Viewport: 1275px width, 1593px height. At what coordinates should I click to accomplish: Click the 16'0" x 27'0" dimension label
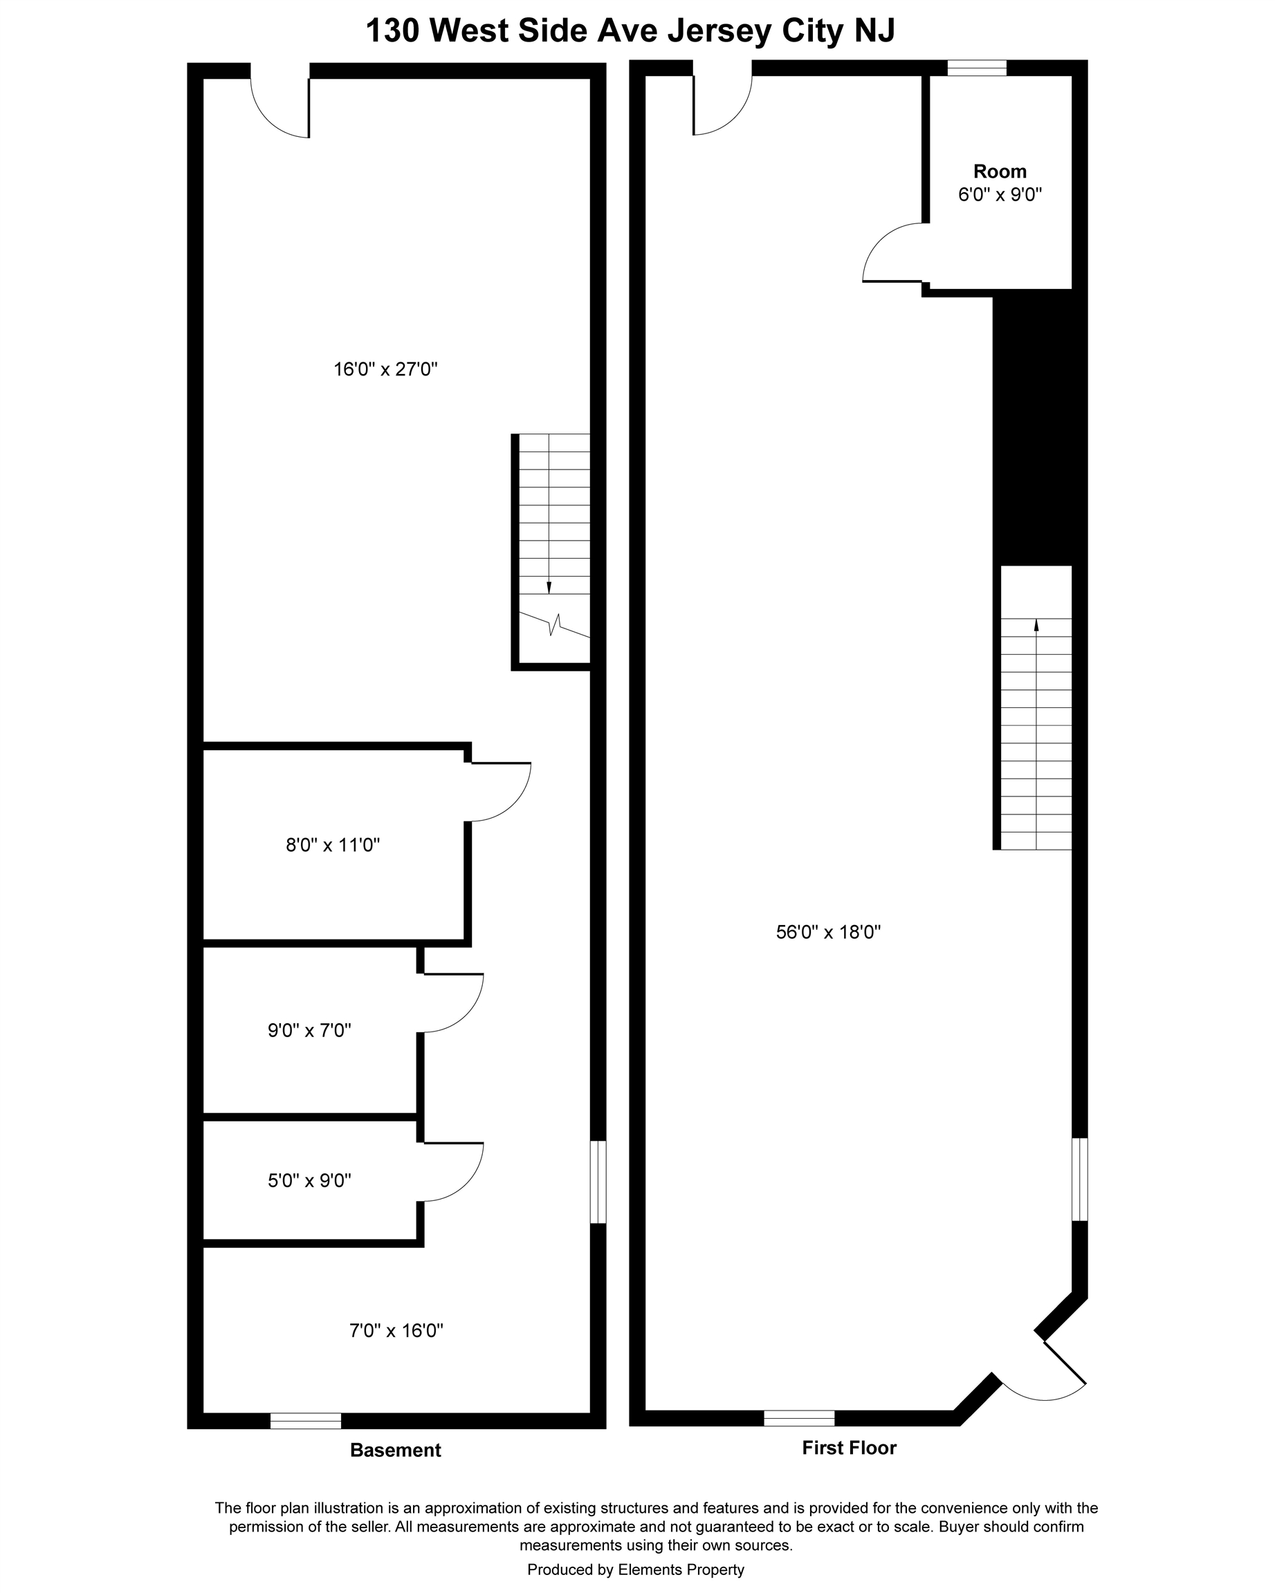[385, 369]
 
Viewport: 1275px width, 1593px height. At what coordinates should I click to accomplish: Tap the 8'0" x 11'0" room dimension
[333, 844]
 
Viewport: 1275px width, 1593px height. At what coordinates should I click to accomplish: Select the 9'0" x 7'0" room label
[309, 1030]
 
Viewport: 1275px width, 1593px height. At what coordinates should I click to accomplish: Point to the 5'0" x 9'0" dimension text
[309, 1180]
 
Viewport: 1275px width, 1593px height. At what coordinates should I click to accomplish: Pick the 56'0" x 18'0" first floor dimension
[828, 932]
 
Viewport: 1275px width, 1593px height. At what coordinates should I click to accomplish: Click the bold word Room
[999, 171]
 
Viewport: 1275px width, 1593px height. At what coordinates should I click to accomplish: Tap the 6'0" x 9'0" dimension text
[999, 195]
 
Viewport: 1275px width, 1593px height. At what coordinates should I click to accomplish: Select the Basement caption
[395, 1451]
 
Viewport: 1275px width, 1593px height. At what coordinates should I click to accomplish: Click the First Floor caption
[849, 1447]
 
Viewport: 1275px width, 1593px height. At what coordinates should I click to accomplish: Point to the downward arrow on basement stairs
[549, 588]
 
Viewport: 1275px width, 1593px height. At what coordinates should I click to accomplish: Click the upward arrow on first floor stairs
[1036, 625]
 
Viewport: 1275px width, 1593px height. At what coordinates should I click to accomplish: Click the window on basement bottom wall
[305, 1421]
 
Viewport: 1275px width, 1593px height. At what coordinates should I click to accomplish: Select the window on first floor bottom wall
[798, 1418]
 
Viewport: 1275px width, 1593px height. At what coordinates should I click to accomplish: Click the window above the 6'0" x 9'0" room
[976, 68]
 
